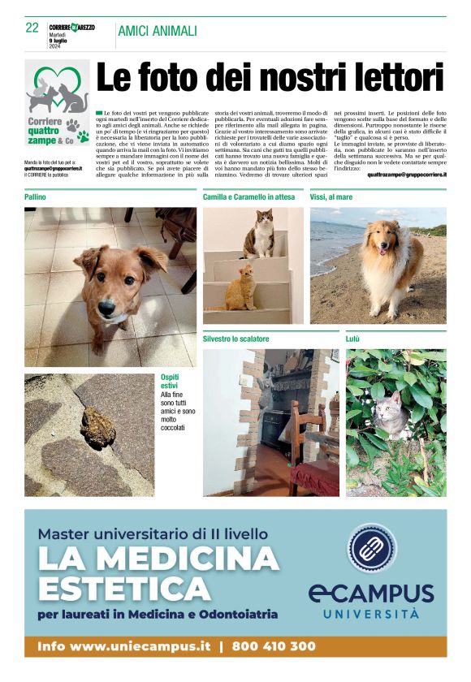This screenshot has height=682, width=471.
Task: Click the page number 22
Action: [x=32, y=28]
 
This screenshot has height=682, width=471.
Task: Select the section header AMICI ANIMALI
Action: [x=157, y=31]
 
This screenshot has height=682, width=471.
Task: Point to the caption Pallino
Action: [x=35, y=197]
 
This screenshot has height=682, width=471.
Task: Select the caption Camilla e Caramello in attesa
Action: [x=248, y=197]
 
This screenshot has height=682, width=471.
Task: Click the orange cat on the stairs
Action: [x=240, y=288]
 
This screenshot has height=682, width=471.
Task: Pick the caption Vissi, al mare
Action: [x=331, y=197]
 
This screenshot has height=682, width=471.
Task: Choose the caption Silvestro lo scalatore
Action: [x=236, y=339]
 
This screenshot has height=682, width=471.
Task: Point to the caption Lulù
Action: [x=352, y=339]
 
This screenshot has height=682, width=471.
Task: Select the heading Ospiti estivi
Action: [x=172, y=382]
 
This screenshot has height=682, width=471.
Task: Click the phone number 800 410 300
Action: [x=274, y=647]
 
